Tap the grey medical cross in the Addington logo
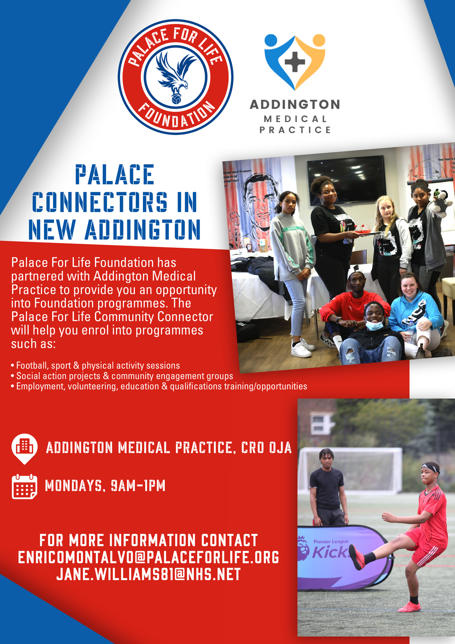tap(295, 62)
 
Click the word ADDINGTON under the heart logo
tap(295, 104)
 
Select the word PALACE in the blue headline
tap(115, 175)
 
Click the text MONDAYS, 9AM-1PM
tap(105, 485)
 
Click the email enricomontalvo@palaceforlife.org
tap(148, 557)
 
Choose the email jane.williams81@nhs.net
tap(148, 574)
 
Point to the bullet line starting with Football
tap(95, 366)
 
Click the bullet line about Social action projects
tap(122, 376)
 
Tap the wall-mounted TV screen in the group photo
tap(347, 180)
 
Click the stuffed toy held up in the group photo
tap(441, 202)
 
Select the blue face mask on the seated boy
tap(374, 325)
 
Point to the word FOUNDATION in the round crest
tap(176, 115)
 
